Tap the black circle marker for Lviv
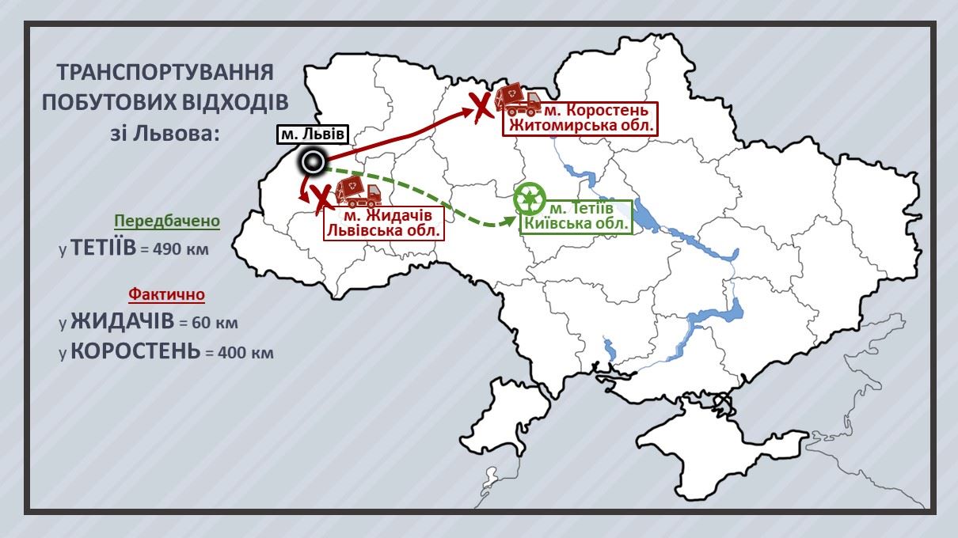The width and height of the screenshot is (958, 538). (x=314, y=163)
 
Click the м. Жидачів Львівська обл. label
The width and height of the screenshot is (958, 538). (x=382, y=223)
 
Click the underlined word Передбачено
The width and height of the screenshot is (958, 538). (x=166, y=221)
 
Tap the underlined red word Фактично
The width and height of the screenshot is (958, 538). (x=166, y=294)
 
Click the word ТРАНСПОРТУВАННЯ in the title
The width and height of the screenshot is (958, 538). (x=165, y=73)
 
